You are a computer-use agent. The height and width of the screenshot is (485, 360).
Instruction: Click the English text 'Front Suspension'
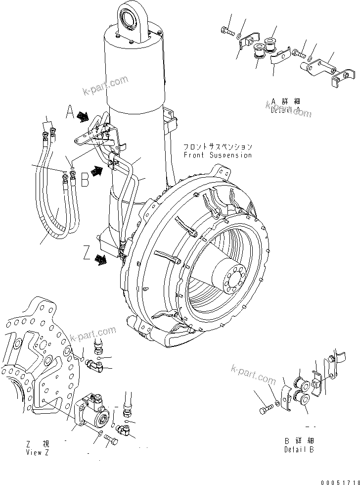coord(218,155)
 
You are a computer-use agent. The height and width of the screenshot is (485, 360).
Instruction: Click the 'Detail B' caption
coord(299,449)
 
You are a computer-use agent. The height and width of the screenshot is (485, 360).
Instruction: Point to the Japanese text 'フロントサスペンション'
coord(218,147)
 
